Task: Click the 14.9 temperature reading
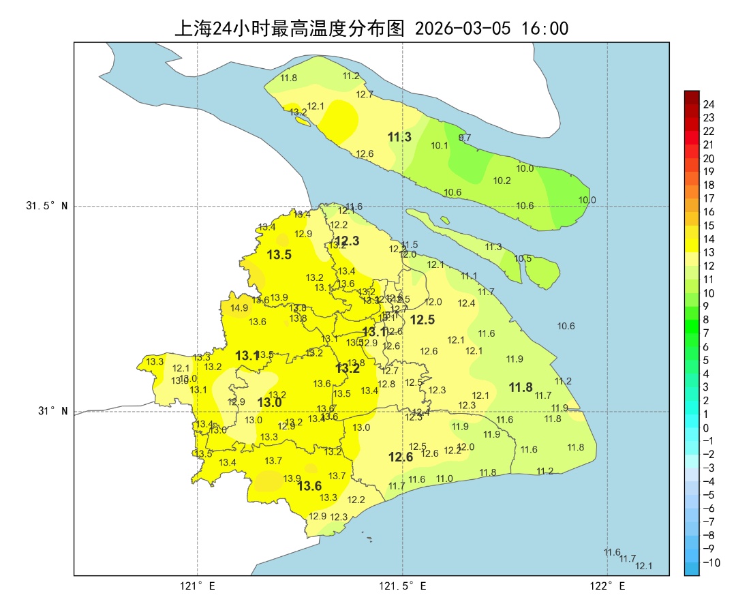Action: [x=239, y=308]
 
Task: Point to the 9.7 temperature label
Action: [x=465, y=138]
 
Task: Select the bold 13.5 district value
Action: [x=279, y=255]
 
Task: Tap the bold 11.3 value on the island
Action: [x=399, y=137]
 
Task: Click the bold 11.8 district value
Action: [x=521, y=387]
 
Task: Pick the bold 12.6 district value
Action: [x=401, y=457]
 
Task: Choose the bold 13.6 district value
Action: [x=309, y=486]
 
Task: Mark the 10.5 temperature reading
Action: [x=523, y=259]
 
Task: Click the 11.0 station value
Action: [x=444, y=479]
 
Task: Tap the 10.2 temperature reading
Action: [x=502, y=181]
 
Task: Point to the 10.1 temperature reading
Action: [x=440, y=146]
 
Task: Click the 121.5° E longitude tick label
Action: [x=403, y=586]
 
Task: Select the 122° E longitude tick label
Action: [x=608, y=586]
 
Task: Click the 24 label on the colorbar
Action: [x=709, y=104]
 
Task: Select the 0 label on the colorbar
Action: [x=706, y=428]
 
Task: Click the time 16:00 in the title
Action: [x=545, y=29]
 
